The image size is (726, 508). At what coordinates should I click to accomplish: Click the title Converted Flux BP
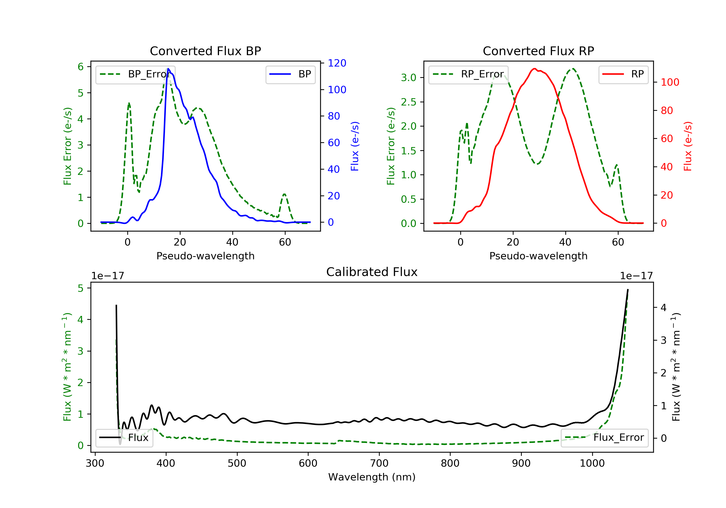[205, 51]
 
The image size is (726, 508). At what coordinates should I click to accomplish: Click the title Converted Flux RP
[538, 51]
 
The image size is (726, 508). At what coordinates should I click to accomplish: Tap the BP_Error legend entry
[136, 74]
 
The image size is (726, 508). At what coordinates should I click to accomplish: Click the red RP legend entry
[623, 74]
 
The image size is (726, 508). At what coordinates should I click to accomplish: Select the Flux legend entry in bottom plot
[124, 438]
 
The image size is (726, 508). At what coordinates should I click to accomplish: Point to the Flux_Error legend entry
[605, 438]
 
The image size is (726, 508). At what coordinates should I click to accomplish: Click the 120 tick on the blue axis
[337, 63]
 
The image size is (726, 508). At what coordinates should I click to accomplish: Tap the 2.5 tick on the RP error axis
[408, 102]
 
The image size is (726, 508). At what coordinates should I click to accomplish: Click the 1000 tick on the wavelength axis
[592, 463]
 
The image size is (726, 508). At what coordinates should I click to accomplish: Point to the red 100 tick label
[670, 82]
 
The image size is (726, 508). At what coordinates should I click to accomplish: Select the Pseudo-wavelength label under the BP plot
[205, 256]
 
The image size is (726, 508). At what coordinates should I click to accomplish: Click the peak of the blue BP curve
[168, 69]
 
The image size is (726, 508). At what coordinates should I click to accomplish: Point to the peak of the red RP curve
[534, 69]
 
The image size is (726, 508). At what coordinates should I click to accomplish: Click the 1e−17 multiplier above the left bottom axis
[107, 276]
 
